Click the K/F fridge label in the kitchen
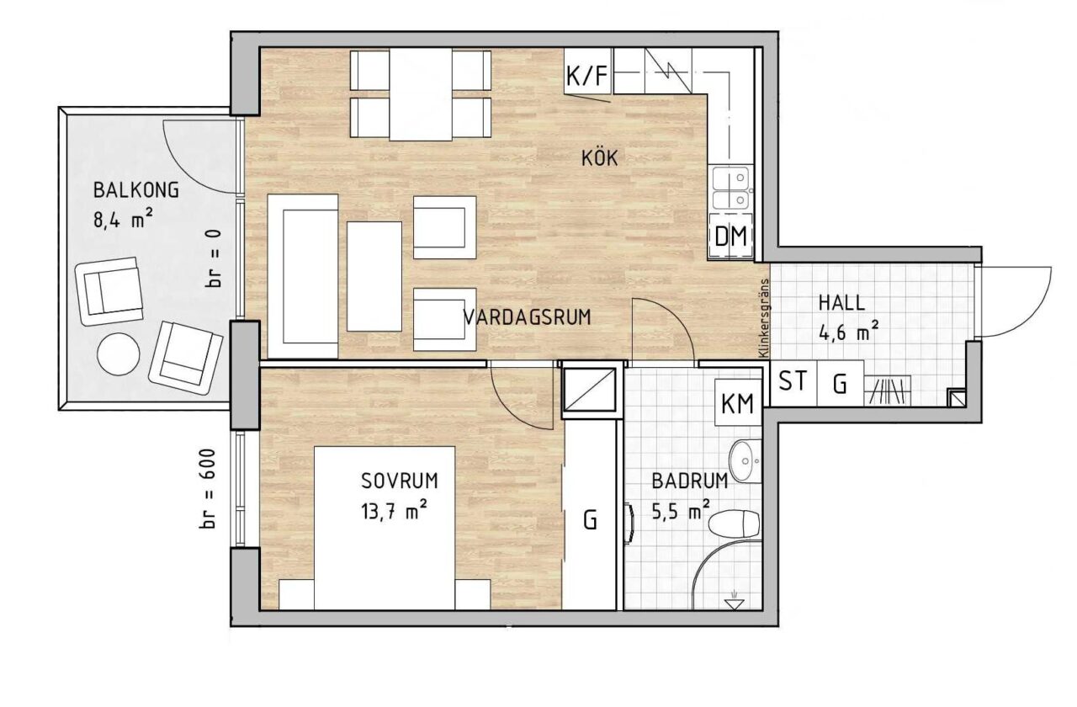click(x=587, y=76)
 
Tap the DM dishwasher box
click(x=731, y=237)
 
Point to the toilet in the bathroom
click(x=735, y=524)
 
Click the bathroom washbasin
click(x=745, y=460)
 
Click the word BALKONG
click(x=136, y=190)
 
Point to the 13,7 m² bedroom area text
click(x=394, y=512)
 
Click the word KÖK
click(x=600, y=157)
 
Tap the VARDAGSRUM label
click(x=527, y=317)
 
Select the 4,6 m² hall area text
click(x=849, y=332)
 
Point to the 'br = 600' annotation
click(x=207, y=489)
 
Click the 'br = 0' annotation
click(x=214, y=258)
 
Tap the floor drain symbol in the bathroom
click(x=734, y=601)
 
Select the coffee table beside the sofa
click(x=374, y=277)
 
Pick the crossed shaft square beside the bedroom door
click(x=589, y=390)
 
